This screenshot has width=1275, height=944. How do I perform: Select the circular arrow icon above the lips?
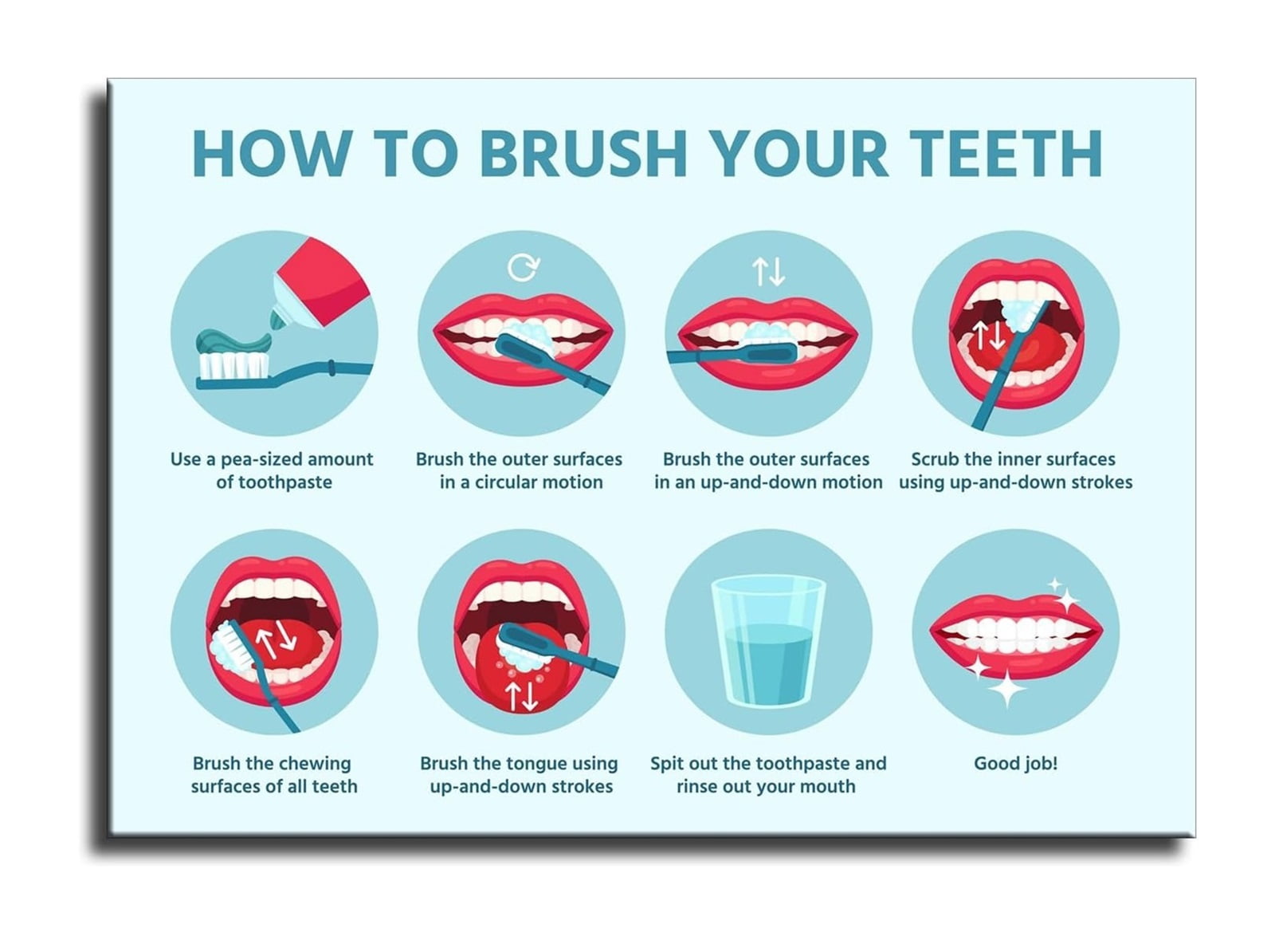524,267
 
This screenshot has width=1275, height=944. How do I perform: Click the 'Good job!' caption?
1015,763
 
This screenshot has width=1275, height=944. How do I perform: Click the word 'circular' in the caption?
514,482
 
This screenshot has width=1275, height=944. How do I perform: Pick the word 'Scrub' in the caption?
935,459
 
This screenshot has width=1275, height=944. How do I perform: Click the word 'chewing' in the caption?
317,764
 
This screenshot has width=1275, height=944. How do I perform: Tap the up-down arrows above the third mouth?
769,271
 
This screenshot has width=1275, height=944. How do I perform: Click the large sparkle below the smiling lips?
1006,688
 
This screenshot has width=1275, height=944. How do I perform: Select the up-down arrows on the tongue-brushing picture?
522,696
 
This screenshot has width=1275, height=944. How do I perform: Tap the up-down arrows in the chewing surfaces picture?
276,638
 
